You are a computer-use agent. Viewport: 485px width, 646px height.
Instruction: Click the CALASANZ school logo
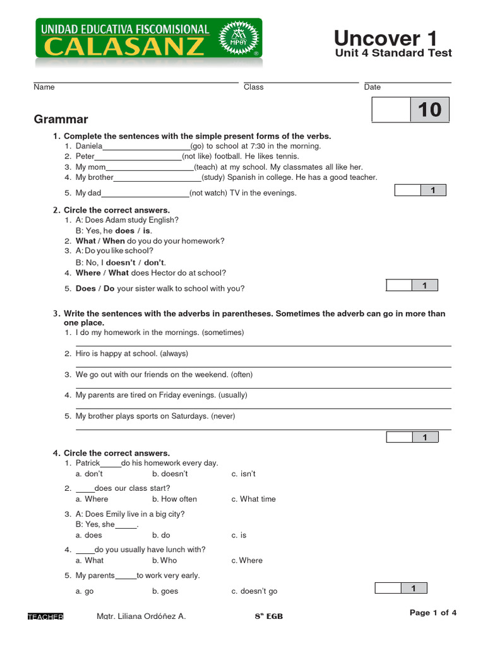(148, 39)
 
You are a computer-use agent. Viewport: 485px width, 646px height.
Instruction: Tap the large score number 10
(429, 110)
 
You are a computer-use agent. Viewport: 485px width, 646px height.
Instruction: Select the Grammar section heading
(61, 119)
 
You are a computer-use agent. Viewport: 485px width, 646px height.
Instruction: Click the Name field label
(44, 87)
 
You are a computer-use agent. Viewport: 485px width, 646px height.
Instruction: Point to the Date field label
(372, 87)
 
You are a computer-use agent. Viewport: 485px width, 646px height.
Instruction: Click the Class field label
(253, 87)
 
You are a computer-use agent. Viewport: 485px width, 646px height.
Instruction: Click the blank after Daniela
(146, 147)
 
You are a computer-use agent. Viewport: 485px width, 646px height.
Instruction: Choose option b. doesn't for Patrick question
(170, 474)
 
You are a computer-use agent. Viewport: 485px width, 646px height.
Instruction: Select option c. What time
(253, 499)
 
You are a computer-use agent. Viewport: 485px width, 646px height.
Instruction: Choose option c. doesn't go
(254, 591)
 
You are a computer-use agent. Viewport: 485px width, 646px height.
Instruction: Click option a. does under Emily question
(88, 535)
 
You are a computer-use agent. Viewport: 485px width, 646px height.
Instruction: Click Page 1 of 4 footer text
(433, 613)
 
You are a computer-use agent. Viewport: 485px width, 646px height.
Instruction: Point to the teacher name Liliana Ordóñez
(141, 616)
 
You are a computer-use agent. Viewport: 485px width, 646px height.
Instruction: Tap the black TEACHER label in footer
(45, 616)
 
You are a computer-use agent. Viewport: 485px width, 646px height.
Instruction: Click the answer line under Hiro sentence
(263, 366)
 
